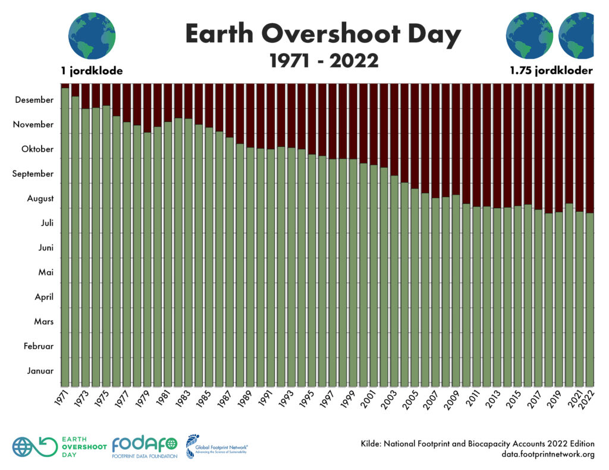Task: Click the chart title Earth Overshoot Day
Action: [x=323, y=35]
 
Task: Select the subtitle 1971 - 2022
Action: [x=323, y=61]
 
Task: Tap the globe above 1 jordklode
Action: [x=92, y=35]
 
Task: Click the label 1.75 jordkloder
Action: [x=551, y=71]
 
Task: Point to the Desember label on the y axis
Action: [x=33, y=100]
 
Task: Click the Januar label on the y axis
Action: [x=40, y=371]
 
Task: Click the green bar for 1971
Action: [x=65, y=238]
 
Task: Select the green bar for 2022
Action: [x=589, y=297]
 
